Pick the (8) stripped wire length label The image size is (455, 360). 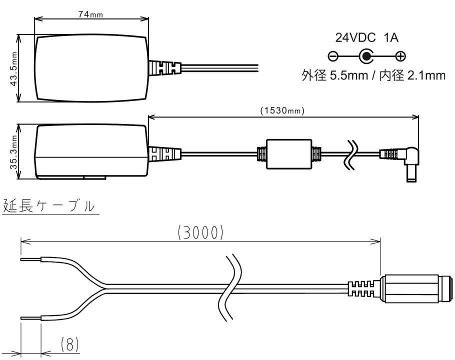point(69,344)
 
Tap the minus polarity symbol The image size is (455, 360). point(333,56)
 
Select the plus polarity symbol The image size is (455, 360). point(400,56)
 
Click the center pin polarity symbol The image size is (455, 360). point(367,56)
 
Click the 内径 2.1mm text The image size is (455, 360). point(409,76)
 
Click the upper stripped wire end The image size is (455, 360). point(30,259)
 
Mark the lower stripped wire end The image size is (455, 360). point(30,317)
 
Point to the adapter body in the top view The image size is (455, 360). point(91,68)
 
